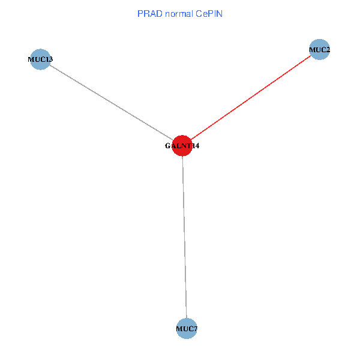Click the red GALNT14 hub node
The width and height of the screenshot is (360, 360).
(182, 145)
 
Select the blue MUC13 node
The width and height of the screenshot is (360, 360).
(40, 59)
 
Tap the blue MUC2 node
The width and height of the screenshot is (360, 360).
(319, 49)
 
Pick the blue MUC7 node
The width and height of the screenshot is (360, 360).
(187, 329)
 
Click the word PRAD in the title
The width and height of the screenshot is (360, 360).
(148, 13)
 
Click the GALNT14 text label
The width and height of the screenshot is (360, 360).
(182, 146)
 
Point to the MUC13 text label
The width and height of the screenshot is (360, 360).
(40, 59)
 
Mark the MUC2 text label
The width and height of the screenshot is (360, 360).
(319, 49)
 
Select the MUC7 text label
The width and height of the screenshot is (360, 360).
(187, 329)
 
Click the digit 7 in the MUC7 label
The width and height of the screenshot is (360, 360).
(196, 329)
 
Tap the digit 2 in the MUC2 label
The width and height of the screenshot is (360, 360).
(328, 49)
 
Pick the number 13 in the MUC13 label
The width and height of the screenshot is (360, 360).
(49, 59)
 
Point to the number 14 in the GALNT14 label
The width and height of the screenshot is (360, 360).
(194, 146)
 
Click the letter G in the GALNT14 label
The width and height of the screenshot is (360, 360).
(167, 146)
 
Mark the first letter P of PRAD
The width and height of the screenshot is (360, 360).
(140, 13)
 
